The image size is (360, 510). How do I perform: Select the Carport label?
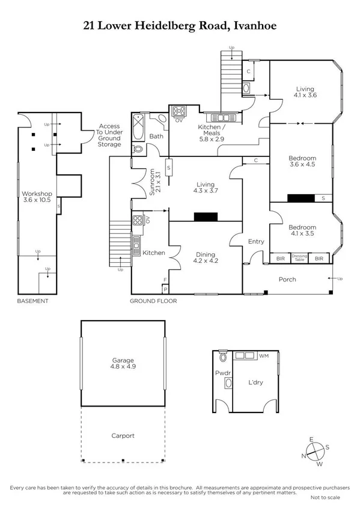pos(122,435)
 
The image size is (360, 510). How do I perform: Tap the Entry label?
pos(256,241)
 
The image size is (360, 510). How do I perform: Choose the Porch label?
pos(287,280)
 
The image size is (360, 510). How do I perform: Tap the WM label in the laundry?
pos(263,357)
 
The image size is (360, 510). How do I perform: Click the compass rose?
pos(314,452)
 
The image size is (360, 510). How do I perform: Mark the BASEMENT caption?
pos(32,301)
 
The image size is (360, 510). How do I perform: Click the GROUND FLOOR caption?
pos(154,301)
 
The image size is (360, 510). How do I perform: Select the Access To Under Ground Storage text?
pos(109,136)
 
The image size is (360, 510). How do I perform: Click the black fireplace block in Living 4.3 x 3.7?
pos(204,217)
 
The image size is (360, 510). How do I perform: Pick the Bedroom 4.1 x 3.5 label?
pos(302,231)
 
